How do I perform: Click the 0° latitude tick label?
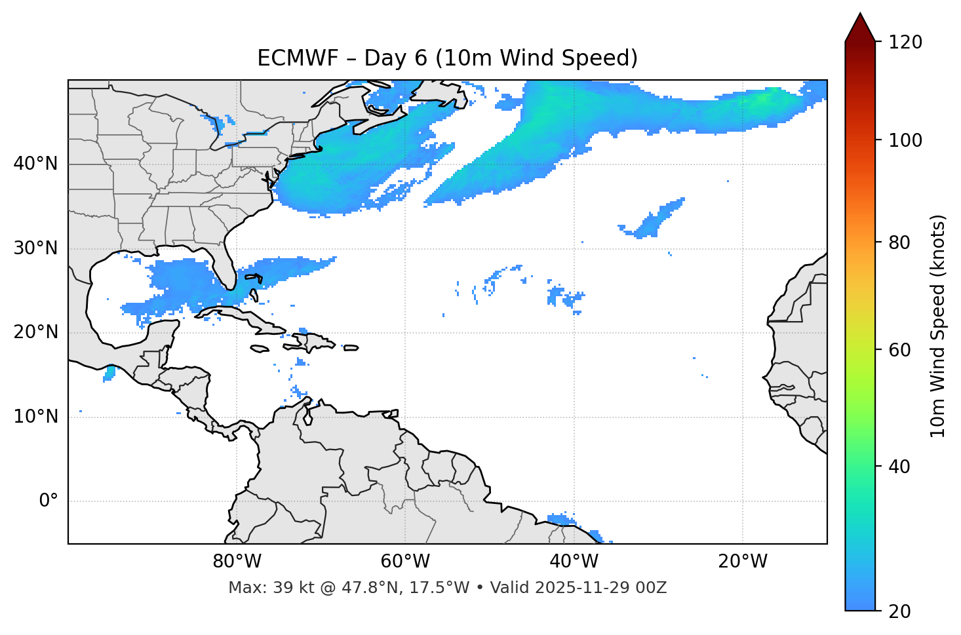pos(49,501)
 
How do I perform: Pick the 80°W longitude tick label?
pos(237,562)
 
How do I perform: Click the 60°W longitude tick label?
pos(405,562)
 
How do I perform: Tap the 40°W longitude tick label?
pos(574,562)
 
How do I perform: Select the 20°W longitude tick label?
pos(743,562)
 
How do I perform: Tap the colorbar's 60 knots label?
pos(899,350)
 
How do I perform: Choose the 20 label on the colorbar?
pos(899,611)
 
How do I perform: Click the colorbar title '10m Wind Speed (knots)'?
pos(938,326)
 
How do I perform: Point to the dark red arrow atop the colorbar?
pos(860,28)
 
